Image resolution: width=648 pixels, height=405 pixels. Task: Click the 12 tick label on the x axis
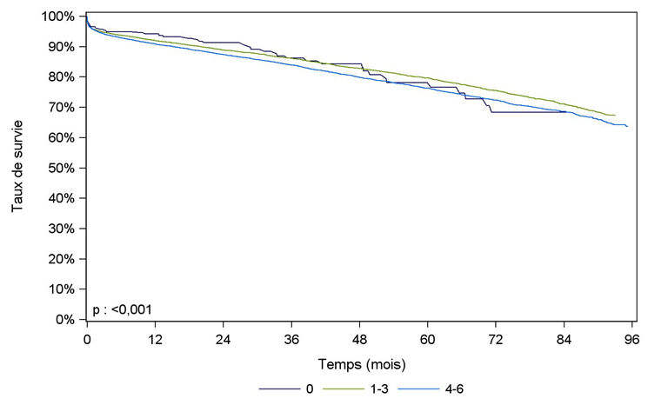coord(155,338)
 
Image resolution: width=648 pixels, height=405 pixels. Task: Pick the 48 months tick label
coord(359,338)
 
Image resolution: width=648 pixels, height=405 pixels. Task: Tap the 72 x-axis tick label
coord(496,338)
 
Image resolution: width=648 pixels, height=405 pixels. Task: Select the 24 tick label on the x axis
coord(223,338)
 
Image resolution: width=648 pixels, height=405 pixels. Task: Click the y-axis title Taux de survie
coord(17,168)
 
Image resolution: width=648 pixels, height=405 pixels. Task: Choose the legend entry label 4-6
coord(467,388)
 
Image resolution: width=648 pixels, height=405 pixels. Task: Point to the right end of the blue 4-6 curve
coord(627,127)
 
